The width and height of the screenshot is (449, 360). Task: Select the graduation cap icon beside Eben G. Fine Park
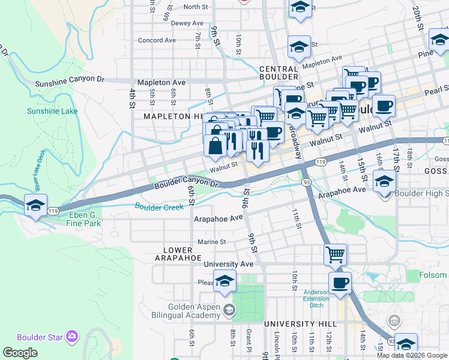click(35, 206)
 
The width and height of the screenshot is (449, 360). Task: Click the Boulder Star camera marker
click(73, 336)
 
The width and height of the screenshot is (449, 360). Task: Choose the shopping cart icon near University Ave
click(336, 254)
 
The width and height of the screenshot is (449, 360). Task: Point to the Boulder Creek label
click(158, 206)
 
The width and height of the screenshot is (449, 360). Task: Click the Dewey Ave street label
click(187, 23)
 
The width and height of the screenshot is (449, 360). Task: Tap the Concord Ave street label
click(156, 40)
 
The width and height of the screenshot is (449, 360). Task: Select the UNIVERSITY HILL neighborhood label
click(304, 323)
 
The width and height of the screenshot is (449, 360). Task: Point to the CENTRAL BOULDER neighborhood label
click(279, 73)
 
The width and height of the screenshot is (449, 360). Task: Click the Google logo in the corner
click(20, 353)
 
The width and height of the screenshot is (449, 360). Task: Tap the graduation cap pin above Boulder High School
click(384, 181)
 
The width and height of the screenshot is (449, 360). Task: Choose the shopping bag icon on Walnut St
click(215, 146)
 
